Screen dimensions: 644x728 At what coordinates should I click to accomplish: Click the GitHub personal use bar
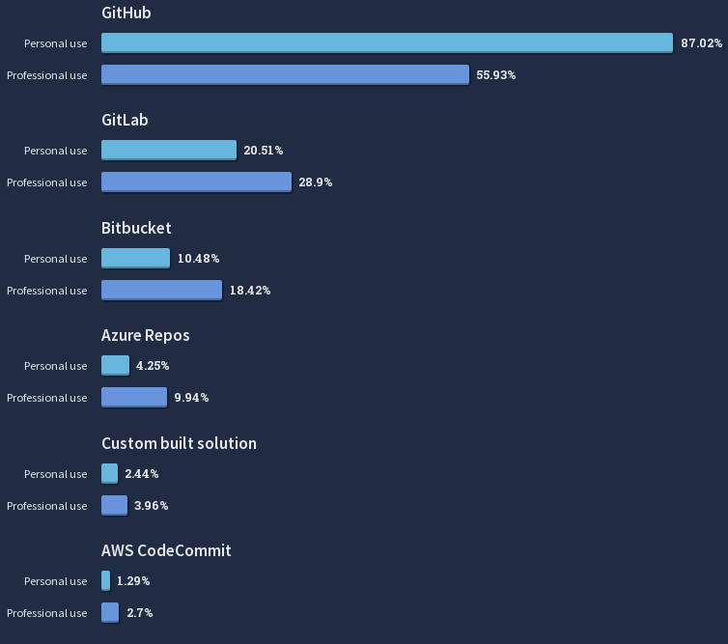pyautogui.click(x=386, y=42)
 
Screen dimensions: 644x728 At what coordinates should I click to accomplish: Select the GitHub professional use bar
pyautogui.click(x=285, y=74)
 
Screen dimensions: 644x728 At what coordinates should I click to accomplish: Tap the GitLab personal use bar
pyautogui.click(x=169, y=150)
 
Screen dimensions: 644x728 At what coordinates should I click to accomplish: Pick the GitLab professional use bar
pyautogui.click(x=196, y=182)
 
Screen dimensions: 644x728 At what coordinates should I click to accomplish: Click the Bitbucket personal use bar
pyautogui.click(x=135, y=258)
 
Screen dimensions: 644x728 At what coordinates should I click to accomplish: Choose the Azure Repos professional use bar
pyautogui.click(x=134, y=397)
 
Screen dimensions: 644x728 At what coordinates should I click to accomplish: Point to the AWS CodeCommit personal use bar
pyautogui.click(x=105, y=580)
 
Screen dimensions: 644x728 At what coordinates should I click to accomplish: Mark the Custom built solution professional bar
pyautogui.click(x=114, y=505)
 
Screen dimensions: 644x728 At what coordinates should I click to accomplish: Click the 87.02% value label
pyautogui.click(x=701, y=43)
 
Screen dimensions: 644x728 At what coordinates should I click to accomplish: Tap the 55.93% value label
pyautogui.click(x=496, y=75)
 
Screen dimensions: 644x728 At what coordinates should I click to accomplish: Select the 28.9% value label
pyautogui.click(x=316, y=182)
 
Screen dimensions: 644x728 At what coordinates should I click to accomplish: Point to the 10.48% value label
pyautogui.click(x=198, y=259)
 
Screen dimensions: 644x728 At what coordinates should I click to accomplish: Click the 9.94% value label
pyautogui.click(x=191, y=398)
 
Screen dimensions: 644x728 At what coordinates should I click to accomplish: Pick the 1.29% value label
pyautogui.click(x=133, y=581)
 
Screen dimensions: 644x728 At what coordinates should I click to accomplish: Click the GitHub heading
pyautogui.click(x=126, y=14)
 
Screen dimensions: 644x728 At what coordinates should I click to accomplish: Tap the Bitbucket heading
pyautogui.click(x=136, y=228)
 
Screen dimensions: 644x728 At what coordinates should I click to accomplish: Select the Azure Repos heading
pyautogui.click(x=145, y=335)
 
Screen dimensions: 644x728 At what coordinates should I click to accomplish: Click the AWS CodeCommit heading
pyautogui.click(x=166, y=550)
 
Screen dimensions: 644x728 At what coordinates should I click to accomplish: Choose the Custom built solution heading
pyautogui.click(x=179, y=443)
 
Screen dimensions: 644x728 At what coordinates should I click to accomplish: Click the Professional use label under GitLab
pyautogui.click(x=46, y=182)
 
